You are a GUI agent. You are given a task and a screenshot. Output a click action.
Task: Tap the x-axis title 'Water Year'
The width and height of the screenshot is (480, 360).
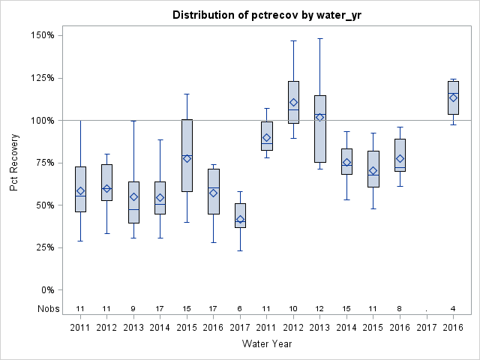pos(266,344)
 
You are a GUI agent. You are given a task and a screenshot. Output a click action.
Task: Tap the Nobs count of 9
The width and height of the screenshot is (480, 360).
pos(133,309)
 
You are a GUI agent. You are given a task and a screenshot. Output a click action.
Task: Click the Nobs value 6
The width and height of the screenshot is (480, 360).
pos(240,309)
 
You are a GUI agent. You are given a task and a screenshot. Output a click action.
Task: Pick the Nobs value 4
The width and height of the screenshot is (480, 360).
pos(453,309)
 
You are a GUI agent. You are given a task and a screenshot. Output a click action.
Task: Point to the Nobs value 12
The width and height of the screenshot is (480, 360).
pos(320,309)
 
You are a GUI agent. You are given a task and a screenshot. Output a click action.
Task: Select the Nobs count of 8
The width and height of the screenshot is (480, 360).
pos(400,309)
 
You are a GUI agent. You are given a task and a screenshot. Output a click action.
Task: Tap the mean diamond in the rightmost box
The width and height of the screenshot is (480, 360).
pos(453,97)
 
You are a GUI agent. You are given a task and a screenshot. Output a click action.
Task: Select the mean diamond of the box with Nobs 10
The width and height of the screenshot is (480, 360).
pos(293,103)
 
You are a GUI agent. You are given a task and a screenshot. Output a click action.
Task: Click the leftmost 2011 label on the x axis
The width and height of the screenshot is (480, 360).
pos(80,328)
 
